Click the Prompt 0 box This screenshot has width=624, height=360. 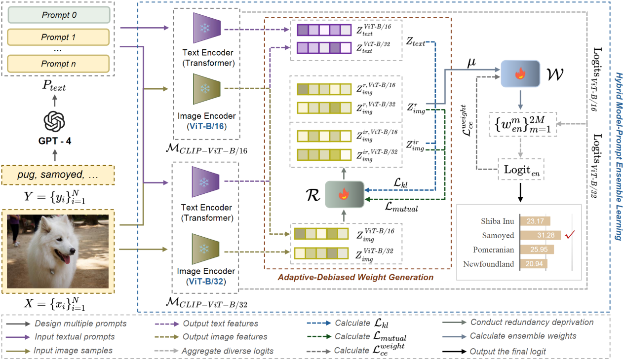(59, 15)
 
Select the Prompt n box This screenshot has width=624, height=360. (59, 64)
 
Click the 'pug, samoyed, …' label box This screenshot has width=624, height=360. (59, 175)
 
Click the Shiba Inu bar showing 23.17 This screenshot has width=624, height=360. (536, 221)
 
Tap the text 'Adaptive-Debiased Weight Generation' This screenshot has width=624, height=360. (355, 277)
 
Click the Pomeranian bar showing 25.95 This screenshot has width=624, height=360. (538, 250)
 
